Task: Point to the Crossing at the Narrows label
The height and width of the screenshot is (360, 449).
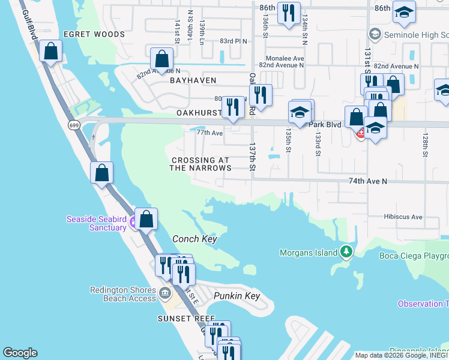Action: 200,164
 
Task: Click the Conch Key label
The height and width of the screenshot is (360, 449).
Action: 194,239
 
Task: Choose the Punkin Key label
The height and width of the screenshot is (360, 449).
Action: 237,296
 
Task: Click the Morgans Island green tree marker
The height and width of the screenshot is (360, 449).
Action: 346,253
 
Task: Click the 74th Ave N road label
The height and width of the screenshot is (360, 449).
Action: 367,181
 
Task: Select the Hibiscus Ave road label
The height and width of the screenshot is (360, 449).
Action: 403,217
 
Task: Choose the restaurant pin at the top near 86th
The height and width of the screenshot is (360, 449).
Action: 289,13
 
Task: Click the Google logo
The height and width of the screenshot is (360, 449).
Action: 20,353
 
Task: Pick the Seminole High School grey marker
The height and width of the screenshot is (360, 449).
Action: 376,34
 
